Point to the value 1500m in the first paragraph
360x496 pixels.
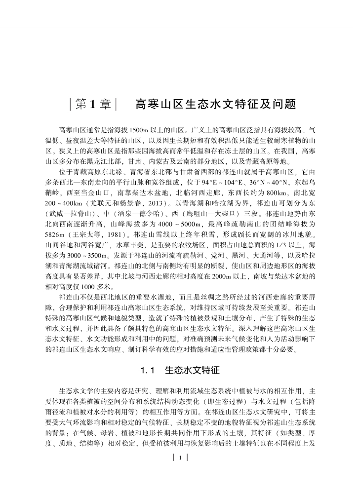(x=138, y=130)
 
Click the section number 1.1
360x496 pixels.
(x=149, y=370)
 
